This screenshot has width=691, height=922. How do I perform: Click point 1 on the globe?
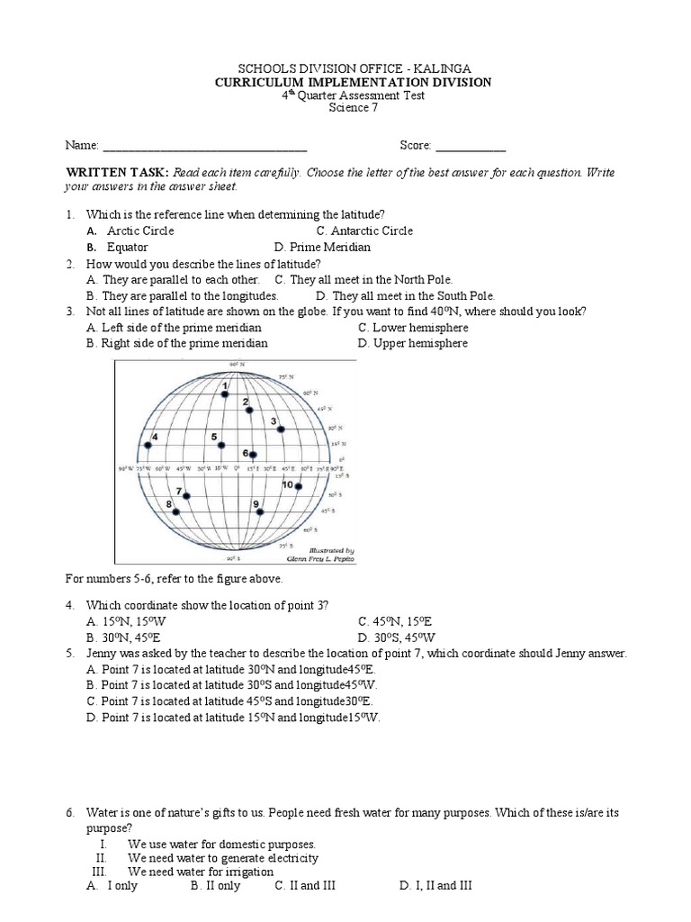tap(226, 394)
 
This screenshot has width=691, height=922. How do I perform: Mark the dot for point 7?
tap(187, 494)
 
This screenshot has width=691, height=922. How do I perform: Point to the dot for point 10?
tap(298, 486)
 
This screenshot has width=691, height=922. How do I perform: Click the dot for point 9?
tap(260, 511)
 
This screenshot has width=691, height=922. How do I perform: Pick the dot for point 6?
tap(254, 454)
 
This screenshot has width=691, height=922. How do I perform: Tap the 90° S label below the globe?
tap(232, 558)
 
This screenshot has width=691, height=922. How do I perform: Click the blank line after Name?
tap(204, 145)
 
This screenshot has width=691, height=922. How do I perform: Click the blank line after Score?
tap(471, 145)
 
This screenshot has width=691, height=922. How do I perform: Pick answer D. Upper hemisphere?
tap(412, 343)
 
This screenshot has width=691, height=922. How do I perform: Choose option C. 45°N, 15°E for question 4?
tap(395, 621)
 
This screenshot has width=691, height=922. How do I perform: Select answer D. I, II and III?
tap(435, 886)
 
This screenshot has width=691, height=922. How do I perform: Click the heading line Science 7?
tap(351, 109)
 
